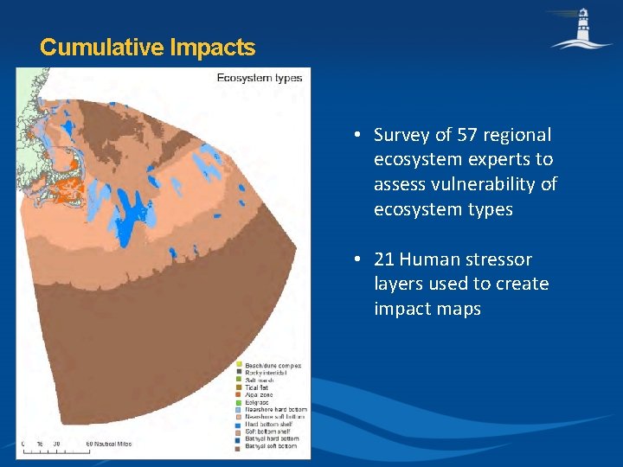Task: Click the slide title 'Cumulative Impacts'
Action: pos(147,47)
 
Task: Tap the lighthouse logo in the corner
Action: pos(581,28)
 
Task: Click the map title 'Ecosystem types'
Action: pos(259,79)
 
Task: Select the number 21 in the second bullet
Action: pos(384,259)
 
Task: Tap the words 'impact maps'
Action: pos(427,309)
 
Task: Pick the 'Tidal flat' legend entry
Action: pos(260,387)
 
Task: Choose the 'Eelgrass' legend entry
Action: pos(258,402)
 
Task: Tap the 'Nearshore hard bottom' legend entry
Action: pos(275,409)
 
